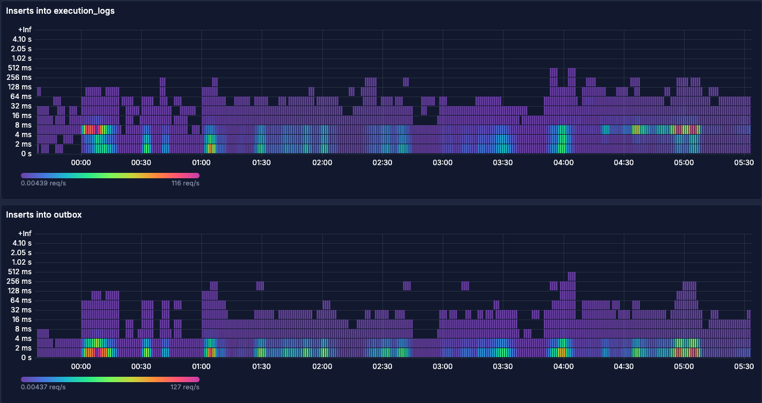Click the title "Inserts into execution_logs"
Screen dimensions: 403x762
[60, 11]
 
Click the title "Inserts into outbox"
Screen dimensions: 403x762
[43, 215]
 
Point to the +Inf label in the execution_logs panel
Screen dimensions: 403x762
[24, 30]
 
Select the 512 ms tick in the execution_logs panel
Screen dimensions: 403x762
[22, 68]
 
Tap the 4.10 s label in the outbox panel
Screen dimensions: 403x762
[22, 243]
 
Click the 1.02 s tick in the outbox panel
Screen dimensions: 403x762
[22, 262]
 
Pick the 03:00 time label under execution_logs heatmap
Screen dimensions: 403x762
[443, 163]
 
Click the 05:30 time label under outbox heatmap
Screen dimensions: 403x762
[744, 367]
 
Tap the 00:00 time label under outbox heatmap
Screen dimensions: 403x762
[81, 367]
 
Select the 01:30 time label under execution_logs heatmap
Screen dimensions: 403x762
[262, 163]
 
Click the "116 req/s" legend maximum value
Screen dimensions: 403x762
[185, 184]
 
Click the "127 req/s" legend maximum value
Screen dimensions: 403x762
[185, 387]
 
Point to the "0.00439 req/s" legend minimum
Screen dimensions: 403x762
[43, 184]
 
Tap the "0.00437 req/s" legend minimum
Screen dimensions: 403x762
[43, 387]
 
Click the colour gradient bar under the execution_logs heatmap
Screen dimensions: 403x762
[110, 175]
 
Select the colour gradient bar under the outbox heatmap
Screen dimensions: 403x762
[110, 379]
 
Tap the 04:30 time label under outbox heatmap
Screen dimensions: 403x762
[624, 367]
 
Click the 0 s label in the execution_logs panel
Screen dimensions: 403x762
[26, 154]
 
